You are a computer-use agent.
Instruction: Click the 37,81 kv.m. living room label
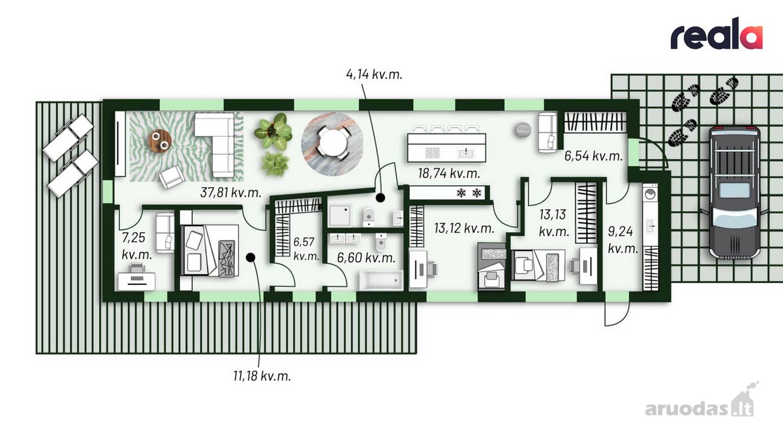[x=231, y=192]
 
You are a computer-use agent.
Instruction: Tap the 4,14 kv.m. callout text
[x=374, y=74]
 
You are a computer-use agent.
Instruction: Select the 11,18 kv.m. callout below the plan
[x=262, y=376]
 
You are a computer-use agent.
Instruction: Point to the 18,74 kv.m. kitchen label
[x=449, y=173]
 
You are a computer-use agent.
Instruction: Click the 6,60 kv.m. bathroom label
[x=366, y=258]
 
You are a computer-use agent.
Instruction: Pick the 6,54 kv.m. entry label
[x=594, y=156]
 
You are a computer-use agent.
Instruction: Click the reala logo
[x=716, y=38]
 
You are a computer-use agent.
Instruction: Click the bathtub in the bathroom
[x=380, y=280]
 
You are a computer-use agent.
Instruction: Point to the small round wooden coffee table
[x=159, y=141]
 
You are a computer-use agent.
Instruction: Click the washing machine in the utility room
[x=650, y=194]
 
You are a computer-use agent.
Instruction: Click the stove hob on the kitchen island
[x=432, y=153]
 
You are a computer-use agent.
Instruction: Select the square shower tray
[x=340, y=216]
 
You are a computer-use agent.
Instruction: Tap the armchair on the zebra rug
[x=171, y=177]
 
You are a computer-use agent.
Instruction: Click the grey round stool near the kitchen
[x=523, y=130]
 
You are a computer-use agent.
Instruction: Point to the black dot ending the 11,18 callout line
[x=251, y=257]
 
